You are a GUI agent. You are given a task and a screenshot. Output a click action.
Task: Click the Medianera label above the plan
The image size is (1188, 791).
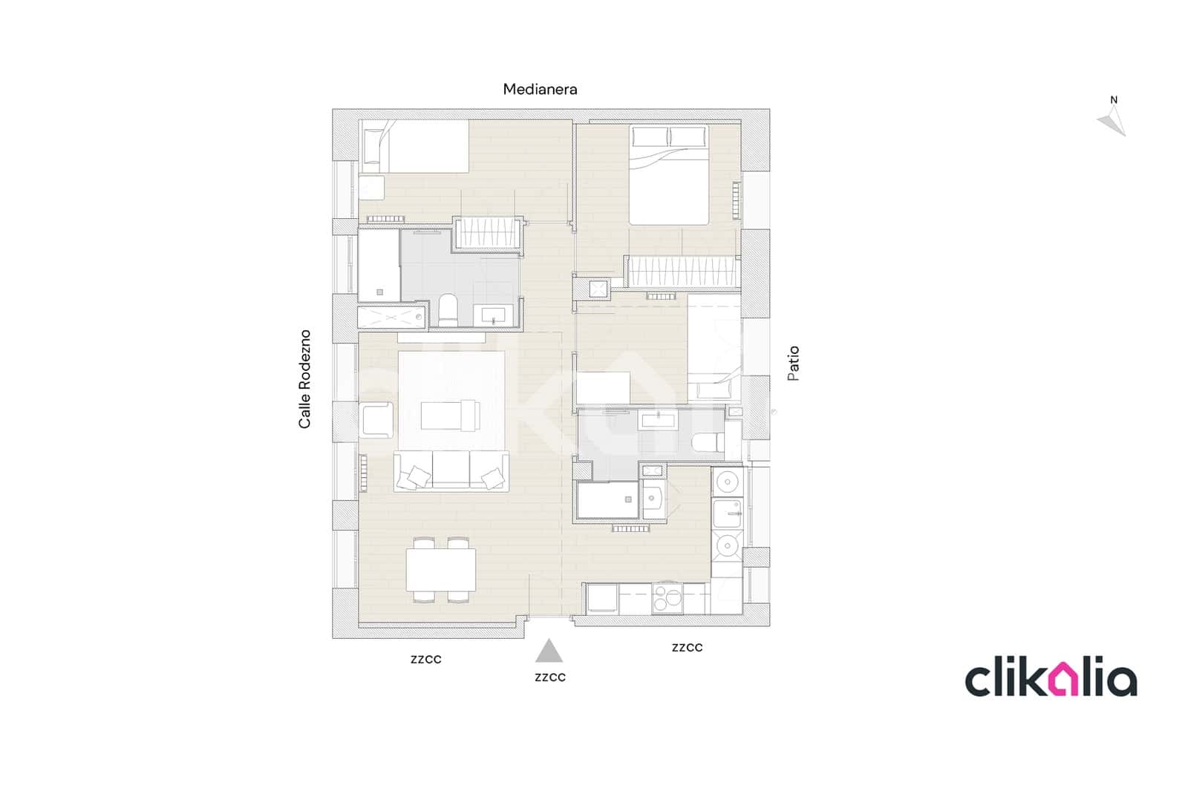coord(540,89)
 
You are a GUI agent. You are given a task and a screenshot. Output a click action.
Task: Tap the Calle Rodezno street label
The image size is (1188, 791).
coord(304,379)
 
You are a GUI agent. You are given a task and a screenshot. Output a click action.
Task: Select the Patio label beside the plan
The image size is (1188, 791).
coord(794,364)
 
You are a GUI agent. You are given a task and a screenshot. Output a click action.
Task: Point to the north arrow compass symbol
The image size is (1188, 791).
coord(1112,119)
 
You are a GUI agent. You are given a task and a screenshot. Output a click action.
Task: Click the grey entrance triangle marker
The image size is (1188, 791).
coord(549,651)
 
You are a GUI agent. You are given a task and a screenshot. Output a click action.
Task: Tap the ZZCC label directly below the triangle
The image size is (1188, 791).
coord(549,677)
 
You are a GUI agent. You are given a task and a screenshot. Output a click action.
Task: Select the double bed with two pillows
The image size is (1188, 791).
coord(669,175)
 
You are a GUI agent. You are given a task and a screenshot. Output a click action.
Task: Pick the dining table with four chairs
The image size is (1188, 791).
coord(441,569)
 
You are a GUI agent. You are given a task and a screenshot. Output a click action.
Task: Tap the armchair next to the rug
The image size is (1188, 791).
coord(377,419)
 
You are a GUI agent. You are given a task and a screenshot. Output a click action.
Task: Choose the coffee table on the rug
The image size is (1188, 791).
coord(449,416)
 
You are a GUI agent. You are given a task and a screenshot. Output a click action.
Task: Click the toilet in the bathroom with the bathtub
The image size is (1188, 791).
coord(448,310)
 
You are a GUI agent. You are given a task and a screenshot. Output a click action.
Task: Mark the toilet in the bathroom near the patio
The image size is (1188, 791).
coord(708,443)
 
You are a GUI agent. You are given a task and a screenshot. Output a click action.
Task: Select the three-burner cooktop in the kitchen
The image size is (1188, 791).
coord(668,598)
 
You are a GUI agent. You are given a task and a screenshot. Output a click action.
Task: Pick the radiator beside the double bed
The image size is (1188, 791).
coord(737,200)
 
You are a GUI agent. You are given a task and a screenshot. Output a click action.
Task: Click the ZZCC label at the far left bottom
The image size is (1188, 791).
coord(425,660)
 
